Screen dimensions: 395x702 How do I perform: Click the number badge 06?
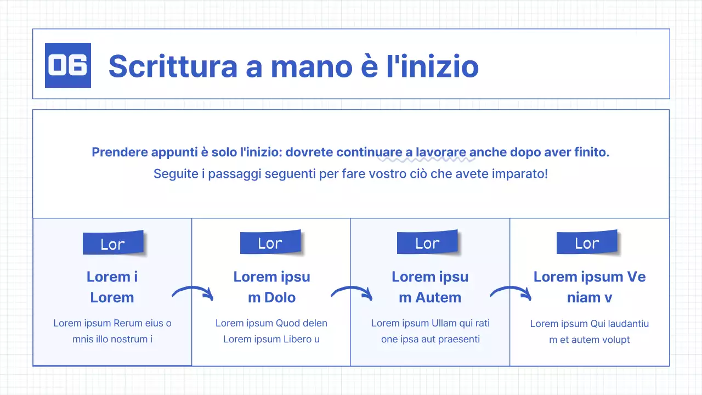pos(67,65)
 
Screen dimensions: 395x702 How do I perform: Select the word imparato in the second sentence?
pos(523,174)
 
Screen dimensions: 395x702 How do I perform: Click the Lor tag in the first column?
pos(113,244)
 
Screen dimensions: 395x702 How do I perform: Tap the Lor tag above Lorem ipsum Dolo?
pos(270,243)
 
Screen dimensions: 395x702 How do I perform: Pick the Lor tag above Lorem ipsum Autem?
pos(428,243)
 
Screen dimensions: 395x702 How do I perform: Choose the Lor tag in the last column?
pos(587,243)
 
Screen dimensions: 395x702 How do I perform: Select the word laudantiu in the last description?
pos(620,324)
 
